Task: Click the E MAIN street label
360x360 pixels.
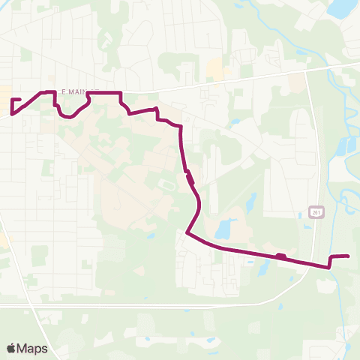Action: point(75,90)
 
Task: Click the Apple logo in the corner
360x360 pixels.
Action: point(11,348)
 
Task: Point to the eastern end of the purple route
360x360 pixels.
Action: point(349,256)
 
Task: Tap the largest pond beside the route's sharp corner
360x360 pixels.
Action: point(223,229)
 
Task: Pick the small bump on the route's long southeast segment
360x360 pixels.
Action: point(280,256)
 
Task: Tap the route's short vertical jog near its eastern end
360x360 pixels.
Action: point(328,261)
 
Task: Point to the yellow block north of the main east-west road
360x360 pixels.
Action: point(216,71)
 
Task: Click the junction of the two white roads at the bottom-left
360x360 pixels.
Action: point(30,305)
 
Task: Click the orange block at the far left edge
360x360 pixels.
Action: point(2,238)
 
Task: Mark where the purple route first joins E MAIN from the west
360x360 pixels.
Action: point(42,92)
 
